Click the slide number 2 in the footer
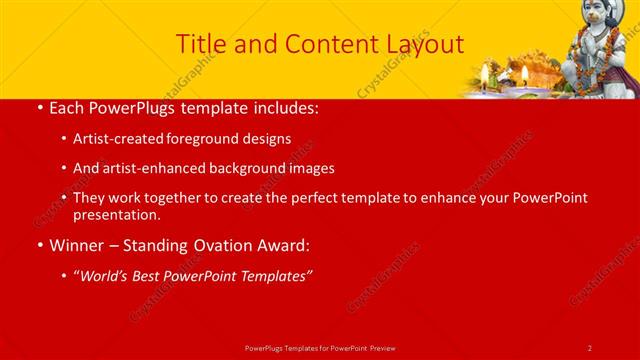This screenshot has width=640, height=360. click(x=590, y=347)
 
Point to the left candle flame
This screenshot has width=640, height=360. click(x=485, y=71)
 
